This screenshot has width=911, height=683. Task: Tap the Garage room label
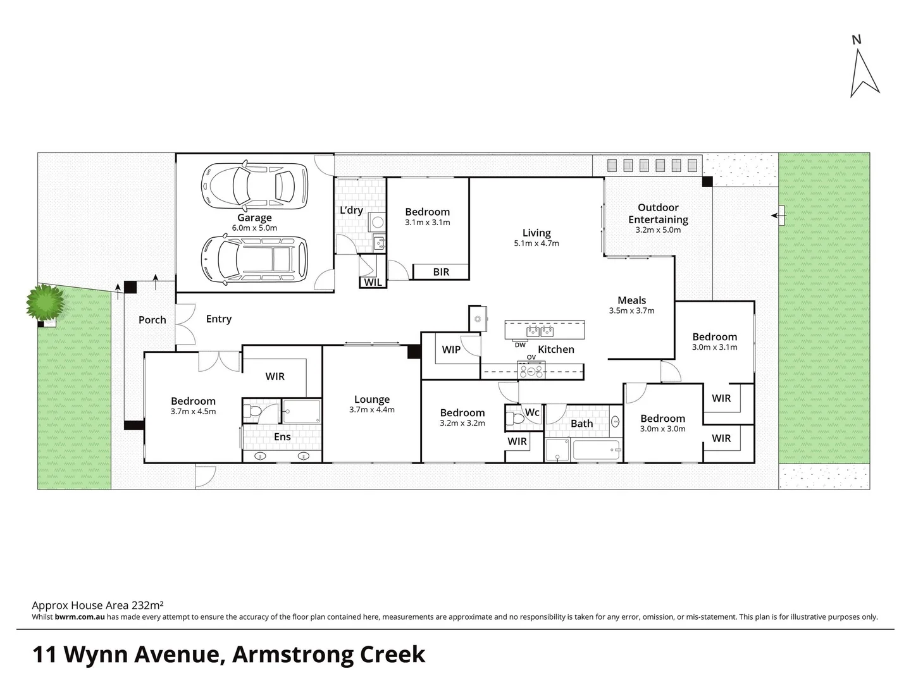pyautogui.click(x=254, y=218)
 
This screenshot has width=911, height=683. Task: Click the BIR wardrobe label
pyautogui.click(x=441, y=272)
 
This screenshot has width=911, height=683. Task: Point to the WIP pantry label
pyautogui.click(x=451, y=349)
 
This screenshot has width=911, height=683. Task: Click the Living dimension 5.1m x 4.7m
pyautogui.click(x=536, y=243)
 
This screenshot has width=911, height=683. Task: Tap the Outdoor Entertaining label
pyautogui.click(x=658, y=213)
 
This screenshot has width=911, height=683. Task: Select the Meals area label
pyautogui.click(x=632, y=300)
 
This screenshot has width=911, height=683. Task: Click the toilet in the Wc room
pyautogui.click(x=515, y=417)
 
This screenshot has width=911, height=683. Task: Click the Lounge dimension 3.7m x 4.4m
pyautogui.click(x=372, y=410)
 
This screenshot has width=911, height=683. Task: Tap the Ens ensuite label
pyautogui.click(x=282, y=436)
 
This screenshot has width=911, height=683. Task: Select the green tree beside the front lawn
pyautogui.click(x=46, y=302)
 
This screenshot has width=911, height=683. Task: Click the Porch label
pyautogui.click(x=152, y=320)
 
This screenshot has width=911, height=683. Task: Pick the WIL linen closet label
pyautogui.click(x=373, y=282)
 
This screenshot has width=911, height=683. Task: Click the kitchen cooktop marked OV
pyautogui.click(x=531, y=369)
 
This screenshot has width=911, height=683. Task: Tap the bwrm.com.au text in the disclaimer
pyautogui.click(x=80, y=617)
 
